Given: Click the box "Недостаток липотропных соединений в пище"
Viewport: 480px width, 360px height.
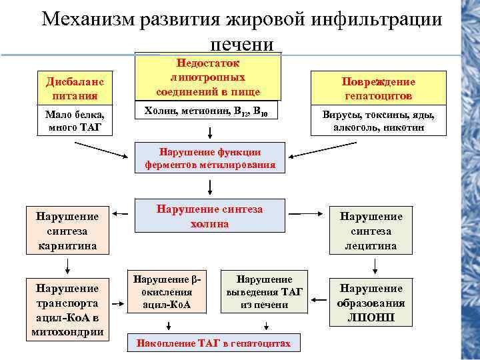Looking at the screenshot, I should pos(208,77).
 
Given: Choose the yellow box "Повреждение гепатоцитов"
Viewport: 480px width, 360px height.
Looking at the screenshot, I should pos(378,88).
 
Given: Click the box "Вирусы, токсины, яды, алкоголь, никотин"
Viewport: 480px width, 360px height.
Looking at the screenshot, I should pos(378,121).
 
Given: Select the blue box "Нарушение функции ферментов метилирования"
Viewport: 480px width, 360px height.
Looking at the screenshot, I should pos(210,158).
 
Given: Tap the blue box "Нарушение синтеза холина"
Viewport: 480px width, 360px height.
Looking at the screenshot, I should pos(210,216).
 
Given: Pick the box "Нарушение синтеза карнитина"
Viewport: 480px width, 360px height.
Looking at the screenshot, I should pos(67,231).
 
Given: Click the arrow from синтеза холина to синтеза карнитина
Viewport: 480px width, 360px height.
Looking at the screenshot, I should pos(121,215).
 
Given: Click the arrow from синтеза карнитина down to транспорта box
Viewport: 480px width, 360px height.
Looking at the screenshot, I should pos(67,266).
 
